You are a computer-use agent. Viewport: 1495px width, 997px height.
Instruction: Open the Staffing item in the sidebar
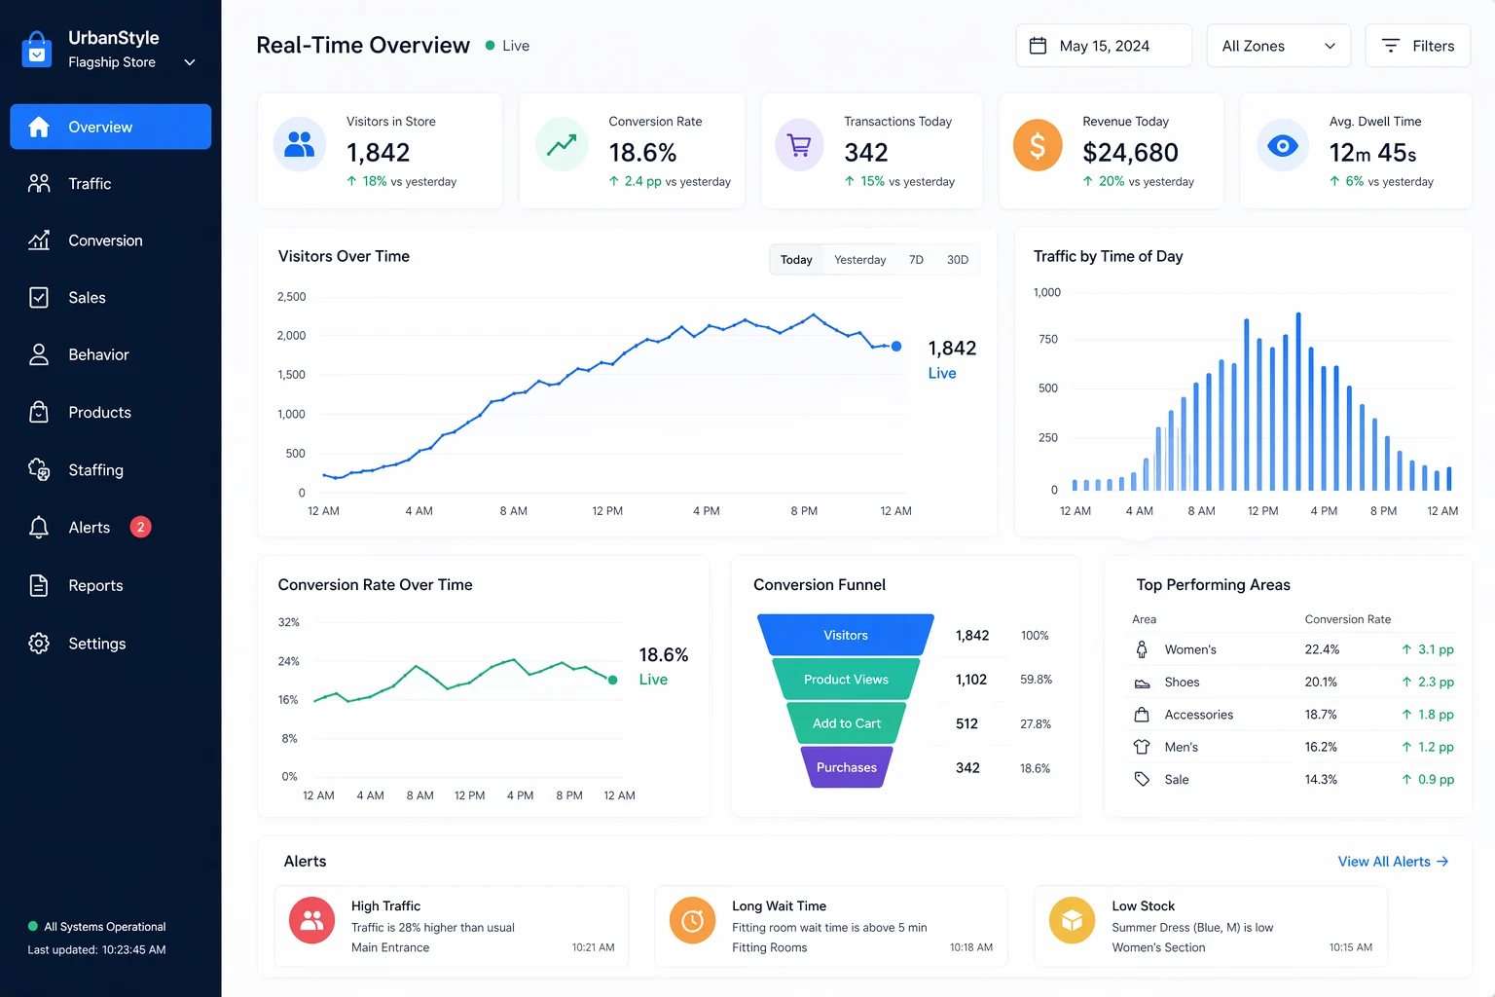click(x=95, y=470)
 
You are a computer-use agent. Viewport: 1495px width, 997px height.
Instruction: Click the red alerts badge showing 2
click(x=140, y=528)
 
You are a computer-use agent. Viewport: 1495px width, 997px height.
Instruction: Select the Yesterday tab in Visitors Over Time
click(x=859, y=260)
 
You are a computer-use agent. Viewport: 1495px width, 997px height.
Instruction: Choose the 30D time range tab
click(x=957, y=260)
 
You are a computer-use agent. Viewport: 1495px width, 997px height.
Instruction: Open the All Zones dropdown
click(x=1278, y=46)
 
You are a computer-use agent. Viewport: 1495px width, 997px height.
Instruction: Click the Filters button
click(x=1417, y=46)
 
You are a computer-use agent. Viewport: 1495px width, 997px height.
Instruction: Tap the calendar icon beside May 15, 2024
click(x=1038, y=46)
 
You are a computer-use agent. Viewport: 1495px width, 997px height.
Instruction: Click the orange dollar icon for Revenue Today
click(x=1038, y=146)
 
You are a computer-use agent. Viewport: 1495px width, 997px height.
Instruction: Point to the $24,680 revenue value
click(x=1130, y=153)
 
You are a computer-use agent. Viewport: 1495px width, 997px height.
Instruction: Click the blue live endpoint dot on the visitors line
click(x=896, y=346)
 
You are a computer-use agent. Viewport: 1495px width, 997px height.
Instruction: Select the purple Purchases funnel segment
click(x=846, y=767)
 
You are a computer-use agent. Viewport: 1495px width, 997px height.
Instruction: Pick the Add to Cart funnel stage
click(x=846, y=723)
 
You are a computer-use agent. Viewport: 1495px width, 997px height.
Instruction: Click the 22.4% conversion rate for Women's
click(x=1322, y=649)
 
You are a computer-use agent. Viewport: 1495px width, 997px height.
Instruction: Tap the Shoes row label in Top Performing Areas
click(x=1182, y=682)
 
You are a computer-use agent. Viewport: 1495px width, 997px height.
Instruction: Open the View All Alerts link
click(x=1393, y=862)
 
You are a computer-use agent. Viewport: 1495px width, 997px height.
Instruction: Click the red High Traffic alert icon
click(x=311, y=920)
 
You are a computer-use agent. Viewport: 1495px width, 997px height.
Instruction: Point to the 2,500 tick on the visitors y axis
click(x=292, y=297)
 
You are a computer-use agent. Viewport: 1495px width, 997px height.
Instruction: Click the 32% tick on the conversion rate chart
click(x=288, y=622)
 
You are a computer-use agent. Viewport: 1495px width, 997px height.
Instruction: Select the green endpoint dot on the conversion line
click(x=612, y=680)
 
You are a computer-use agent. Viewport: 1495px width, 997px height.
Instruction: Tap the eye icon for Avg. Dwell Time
click(x=1282, y=146)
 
